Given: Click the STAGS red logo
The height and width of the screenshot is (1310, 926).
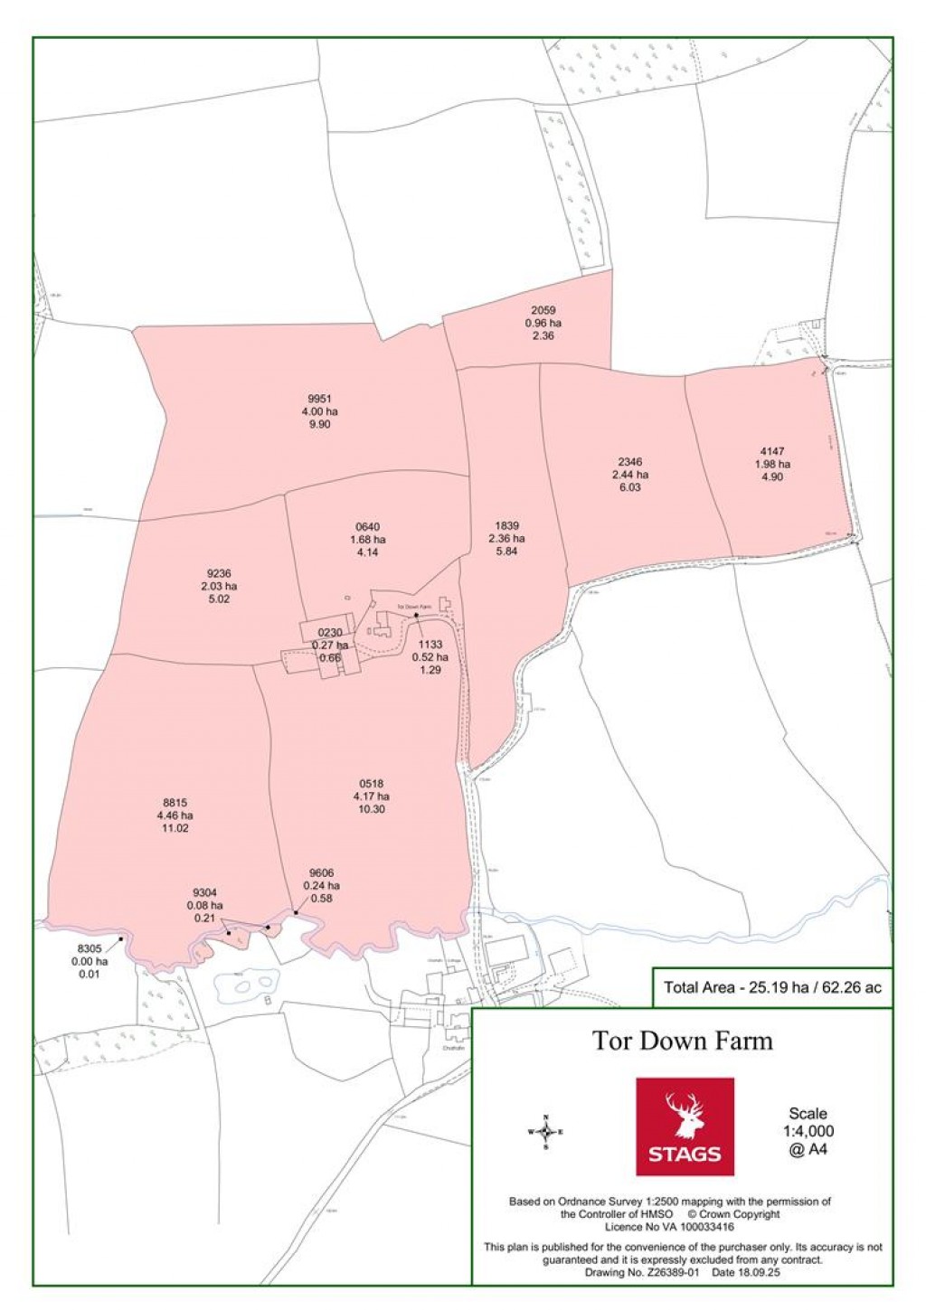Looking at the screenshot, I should point(685,1126).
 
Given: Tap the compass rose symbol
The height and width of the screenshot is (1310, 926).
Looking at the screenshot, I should point(545,1132).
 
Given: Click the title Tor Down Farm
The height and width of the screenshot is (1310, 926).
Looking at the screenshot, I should point(683,1041).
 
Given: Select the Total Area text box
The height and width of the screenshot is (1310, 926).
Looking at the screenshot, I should point(772,987).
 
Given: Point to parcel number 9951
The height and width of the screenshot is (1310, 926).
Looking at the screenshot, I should point(320,399).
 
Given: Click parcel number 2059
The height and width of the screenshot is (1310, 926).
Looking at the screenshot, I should point(543,311).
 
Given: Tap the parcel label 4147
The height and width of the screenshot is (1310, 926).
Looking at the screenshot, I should point(772,451).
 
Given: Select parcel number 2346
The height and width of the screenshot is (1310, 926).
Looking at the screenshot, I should point(629,462).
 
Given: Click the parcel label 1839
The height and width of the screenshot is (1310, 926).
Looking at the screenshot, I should point(506,526).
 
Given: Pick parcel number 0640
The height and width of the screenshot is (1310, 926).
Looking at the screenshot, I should point(367,527).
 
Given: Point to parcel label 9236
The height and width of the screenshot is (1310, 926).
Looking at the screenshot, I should point(219,573).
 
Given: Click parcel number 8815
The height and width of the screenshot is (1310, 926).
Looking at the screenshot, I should point(175,802).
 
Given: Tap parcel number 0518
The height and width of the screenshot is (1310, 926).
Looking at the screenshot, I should point(371,784).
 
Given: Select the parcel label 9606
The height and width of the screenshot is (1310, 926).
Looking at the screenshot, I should point(321,873).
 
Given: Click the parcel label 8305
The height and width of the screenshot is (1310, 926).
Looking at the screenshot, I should point(90,949).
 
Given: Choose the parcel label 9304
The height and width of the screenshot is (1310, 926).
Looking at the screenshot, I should point(204,893).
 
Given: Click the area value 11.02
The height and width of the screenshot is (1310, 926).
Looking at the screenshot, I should point(175,828).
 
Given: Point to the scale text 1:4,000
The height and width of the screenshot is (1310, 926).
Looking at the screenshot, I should point(808,1131).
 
